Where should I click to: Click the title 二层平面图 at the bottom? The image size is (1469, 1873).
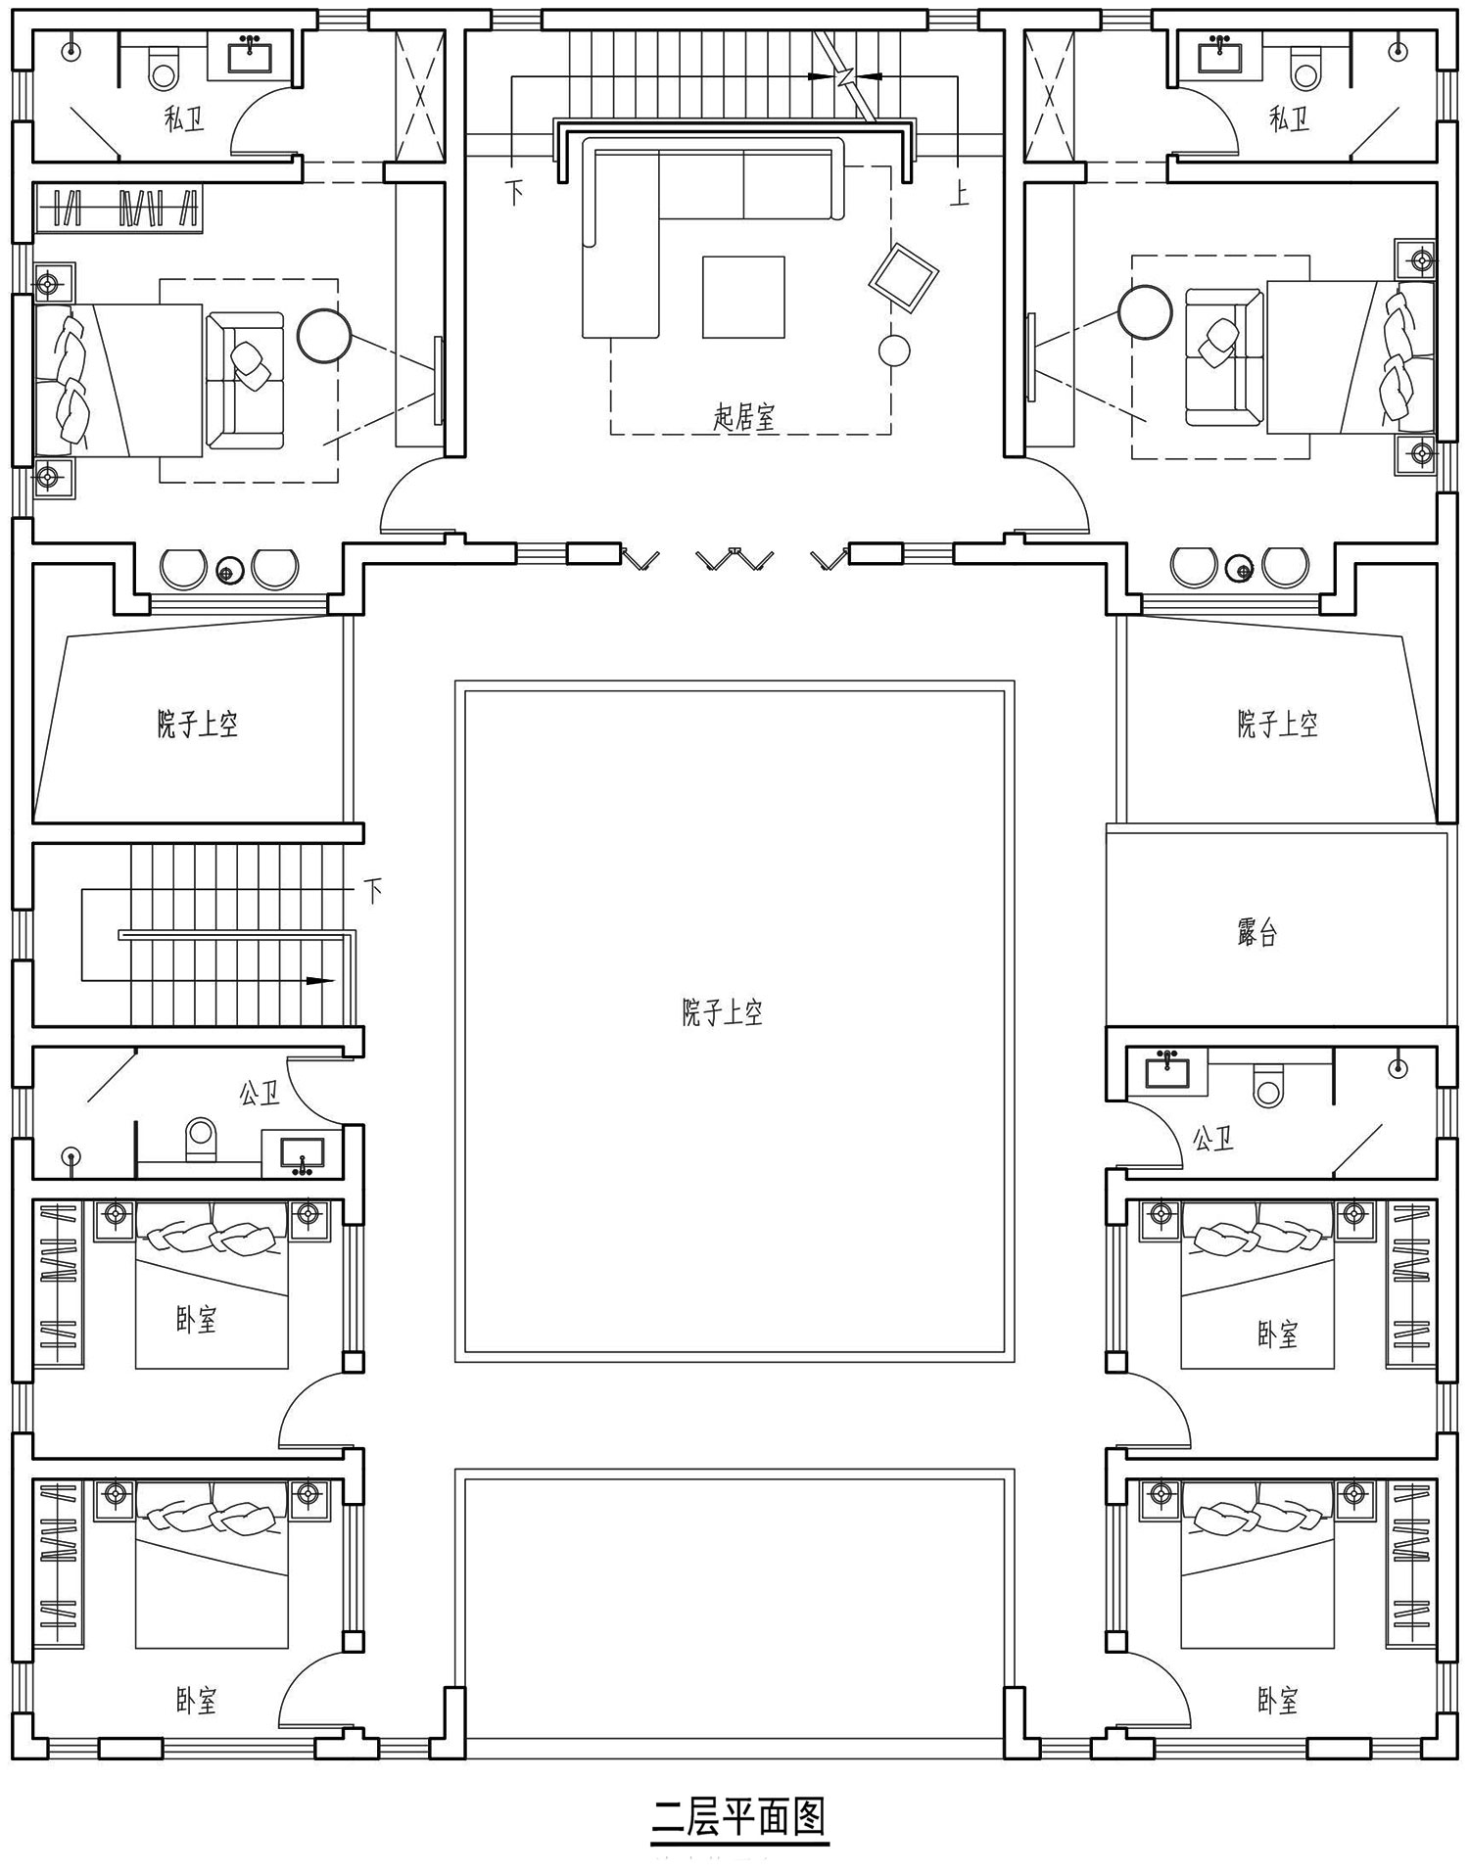coord(739,1818)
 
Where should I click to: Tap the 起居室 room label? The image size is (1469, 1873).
coord(744,418)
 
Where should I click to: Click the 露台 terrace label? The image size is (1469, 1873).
coord(1256,933)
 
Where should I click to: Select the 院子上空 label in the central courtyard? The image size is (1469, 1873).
coord(723,1012)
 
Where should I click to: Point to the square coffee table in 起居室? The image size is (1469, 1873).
coord(743,297)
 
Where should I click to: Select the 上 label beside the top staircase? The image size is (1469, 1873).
coord(959,194)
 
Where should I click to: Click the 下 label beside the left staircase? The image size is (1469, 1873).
coord(372,891)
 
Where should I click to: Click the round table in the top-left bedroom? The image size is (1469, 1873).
coord(324,335)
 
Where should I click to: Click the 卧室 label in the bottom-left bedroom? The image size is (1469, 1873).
coord(197,1701)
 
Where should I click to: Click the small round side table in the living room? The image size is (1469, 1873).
coord(894,350)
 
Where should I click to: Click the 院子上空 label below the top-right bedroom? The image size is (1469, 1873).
coord(1277,724)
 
